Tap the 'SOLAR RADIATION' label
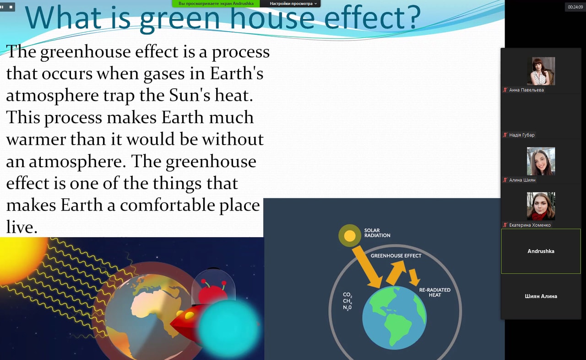point(377,233)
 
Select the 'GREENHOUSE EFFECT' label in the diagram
point(396,256)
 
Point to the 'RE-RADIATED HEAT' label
point(435,293)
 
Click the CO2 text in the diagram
point(347,295)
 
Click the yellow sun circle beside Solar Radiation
point(349,236)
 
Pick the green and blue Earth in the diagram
point(394,318)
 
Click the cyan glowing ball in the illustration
point(228,328)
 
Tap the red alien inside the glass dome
point(212,293)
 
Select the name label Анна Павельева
point(526,90)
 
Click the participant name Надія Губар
point(521,135)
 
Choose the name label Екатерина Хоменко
point(530,225)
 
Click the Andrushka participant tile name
point(541,251)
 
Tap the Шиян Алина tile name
point(541,296)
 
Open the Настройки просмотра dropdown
point(293,4)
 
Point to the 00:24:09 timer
point(575,7)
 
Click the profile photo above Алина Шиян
point(541,161)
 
